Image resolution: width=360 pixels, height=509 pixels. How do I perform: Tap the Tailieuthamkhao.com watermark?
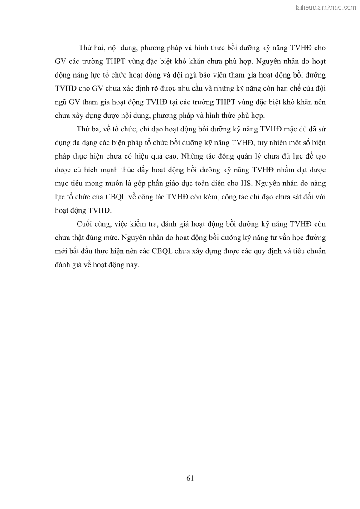(x=325, y=7)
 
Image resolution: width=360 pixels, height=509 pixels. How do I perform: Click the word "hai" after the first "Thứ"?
(x=98, y=48)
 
